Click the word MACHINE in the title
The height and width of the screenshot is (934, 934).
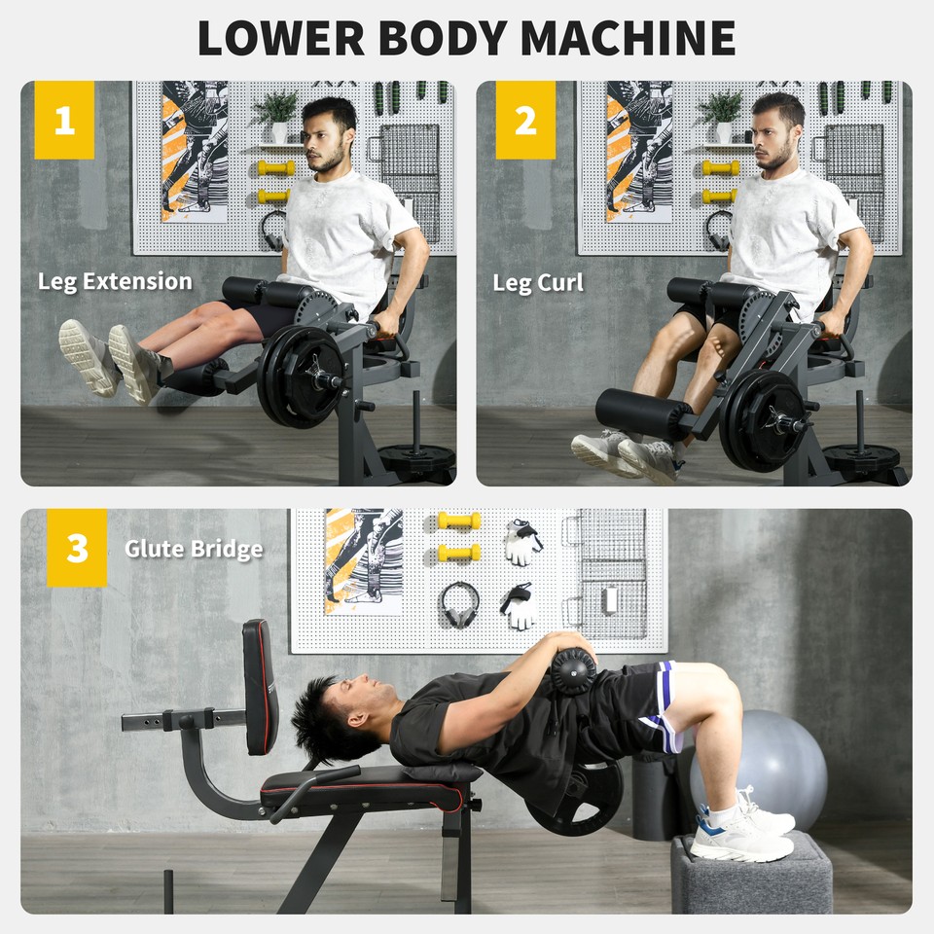coord(628,37)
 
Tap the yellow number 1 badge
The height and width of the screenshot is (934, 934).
coord(64,121)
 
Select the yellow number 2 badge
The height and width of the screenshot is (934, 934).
coord(525,121)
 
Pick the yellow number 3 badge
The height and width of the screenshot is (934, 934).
coord(77,549)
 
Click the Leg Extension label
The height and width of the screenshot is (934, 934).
coord(115,282)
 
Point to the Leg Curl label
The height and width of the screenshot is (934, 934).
coord(538,283)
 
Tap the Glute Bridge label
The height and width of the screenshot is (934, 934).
coord(194,549)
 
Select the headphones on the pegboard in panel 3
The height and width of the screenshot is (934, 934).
coord(458,603)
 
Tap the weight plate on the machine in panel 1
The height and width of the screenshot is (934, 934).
coord(302,375)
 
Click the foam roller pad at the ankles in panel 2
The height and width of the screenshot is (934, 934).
coord(642,413)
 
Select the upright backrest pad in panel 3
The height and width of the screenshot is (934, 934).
coord(260,686)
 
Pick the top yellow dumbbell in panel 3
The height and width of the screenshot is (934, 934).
coord(459,521)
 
